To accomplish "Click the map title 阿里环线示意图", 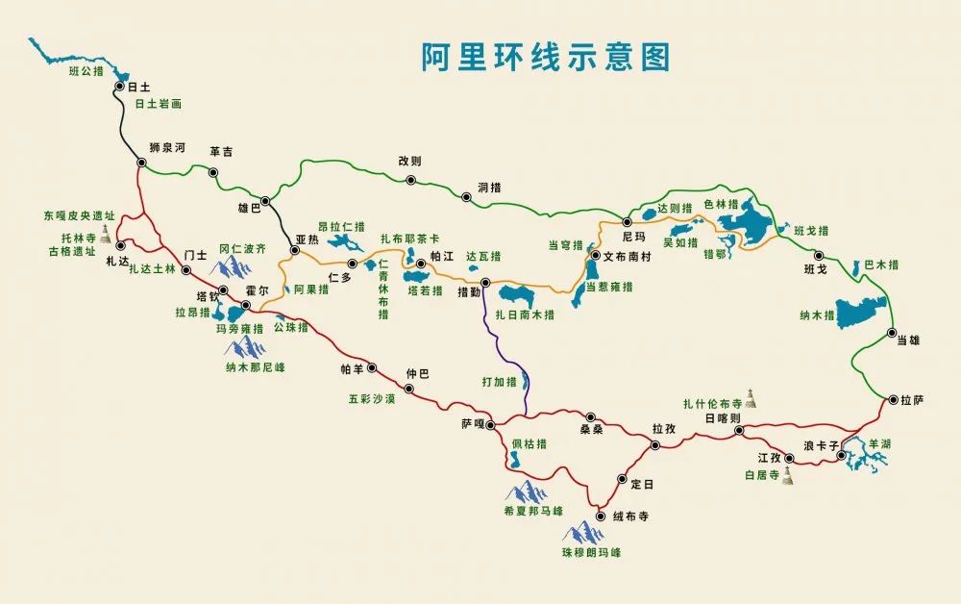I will [545, 57].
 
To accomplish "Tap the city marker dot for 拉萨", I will [893, 399].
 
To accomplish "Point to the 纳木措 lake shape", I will [861, 312].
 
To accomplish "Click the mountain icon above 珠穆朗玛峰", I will [582, 531].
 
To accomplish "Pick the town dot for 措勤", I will [485, 283].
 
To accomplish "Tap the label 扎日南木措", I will [525, 314].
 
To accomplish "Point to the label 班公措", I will [86, 70].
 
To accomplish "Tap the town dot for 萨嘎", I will [489, 424].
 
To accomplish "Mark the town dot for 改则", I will [410, 180].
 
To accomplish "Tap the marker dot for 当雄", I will [892, 334].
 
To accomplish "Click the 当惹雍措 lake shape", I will [579, 289].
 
